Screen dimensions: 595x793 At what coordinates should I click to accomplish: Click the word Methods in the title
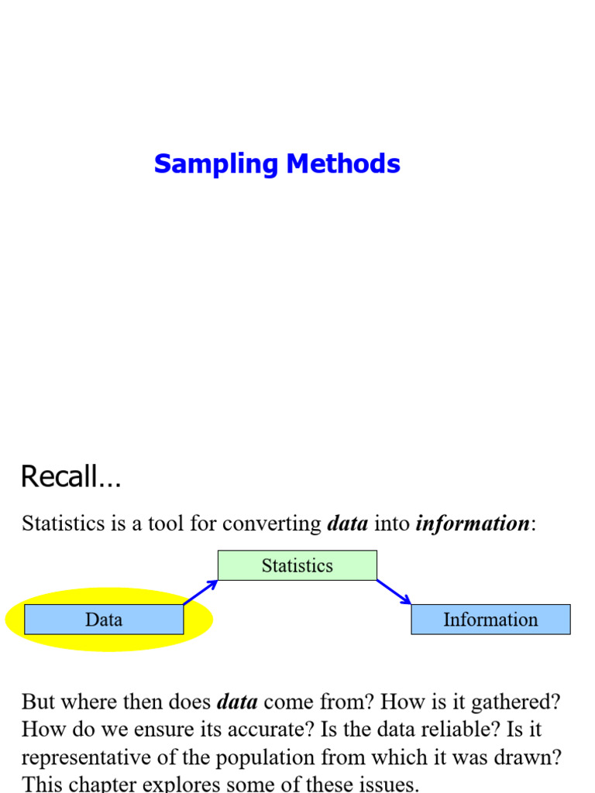(x=343, y=164)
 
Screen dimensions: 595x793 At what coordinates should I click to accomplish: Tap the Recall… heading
(x=71, y=476)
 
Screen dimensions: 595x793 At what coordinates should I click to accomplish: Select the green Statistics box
(x=297, y=565)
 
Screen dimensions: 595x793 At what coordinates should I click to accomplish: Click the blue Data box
(x=104, y=620)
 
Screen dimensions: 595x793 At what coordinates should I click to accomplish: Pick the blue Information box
(x=490, y=620)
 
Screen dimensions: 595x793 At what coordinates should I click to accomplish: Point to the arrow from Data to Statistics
(x=200, y=592)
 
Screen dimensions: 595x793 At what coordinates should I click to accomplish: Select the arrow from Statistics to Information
(x=394, y=592)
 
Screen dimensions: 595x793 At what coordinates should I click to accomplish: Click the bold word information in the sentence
(x=473, y=524)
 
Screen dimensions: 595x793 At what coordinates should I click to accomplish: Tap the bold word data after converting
(x=347, y=524)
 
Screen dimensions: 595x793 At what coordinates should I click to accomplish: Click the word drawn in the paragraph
(x=532, y=757)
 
